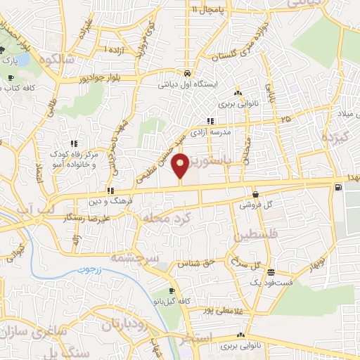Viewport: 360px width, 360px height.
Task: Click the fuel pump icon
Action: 340,187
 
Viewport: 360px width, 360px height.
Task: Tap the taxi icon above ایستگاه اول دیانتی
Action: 187,72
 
